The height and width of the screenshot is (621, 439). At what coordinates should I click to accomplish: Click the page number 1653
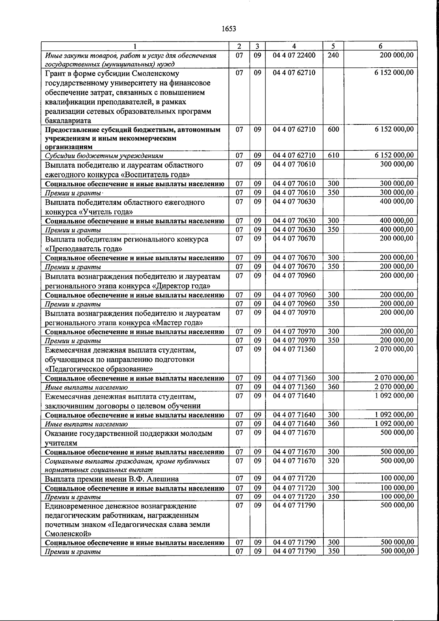click(x=229, y=29)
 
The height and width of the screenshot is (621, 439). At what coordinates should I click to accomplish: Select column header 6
click(x=381, y=46)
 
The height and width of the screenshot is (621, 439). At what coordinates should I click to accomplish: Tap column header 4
click(x=294, y=46)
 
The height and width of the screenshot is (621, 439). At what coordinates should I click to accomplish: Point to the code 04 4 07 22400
click(x=294, y=55)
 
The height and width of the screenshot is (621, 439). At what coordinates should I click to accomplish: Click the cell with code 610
click(x=333, y=155)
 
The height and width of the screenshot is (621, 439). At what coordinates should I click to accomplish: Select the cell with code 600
click(x=333, y=130)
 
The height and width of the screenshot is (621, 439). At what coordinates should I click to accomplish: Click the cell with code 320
click(x=333, y=461)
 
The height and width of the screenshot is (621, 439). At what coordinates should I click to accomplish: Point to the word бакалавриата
click(x=68, y=120)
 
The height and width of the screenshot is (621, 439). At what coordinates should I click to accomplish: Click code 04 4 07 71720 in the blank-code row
click(x=294, y=478)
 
